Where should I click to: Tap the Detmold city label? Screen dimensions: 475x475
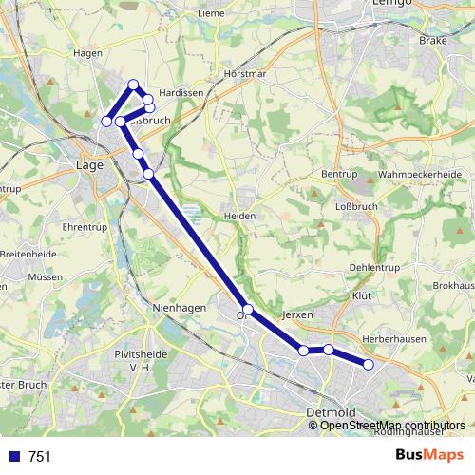(x=331, y=412)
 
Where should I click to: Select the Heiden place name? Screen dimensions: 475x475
(x=239, y=216)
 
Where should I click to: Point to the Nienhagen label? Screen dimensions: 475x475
(x=178, y=309)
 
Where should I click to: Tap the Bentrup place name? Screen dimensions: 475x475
(x=337, y=175)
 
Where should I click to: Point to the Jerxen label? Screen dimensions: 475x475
(x=297, y=313)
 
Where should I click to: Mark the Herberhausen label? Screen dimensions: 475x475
(x=391, y=337)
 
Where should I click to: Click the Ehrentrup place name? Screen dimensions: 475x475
(x=84, y=228)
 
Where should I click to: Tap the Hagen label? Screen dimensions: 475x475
(x=86, y=54)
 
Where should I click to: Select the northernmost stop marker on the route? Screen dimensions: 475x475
(x=133, y=85)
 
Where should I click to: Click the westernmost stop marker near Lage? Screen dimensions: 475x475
(x=106, y=121)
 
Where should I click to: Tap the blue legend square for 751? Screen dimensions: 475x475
(x=13, y=457)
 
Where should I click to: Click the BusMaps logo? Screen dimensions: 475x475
(x=429, y=457)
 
